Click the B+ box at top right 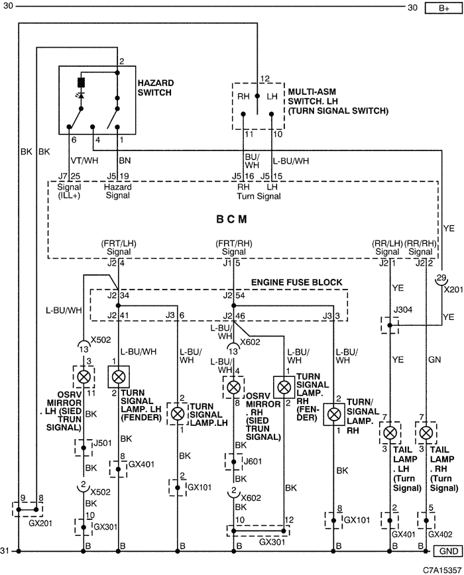(x=443, y=8)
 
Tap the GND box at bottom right (x=448, y=550)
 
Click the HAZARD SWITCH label (x=155, y=87)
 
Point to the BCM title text (x=231, y=219)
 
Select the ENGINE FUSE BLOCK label (x=296, y=282)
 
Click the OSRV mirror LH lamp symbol (x=84, y=377)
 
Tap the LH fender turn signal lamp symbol (x=119, y=377)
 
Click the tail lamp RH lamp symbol (x=426, y=433)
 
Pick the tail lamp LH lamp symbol (x=390, y=433)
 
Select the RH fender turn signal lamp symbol (x=284, y=386)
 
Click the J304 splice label (x=403, y=310)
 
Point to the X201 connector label (x=453, y=289)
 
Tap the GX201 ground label (x=40, y=523)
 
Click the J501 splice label (x=102, y=443)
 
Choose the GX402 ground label (x=440, y=535)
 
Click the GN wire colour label (x=434, y=360)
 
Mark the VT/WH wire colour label (x=84, y=160)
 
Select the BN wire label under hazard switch (x=125, y=160)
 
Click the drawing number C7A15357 (x=442, y=570)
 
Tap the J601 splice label (x=253, y=461)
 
